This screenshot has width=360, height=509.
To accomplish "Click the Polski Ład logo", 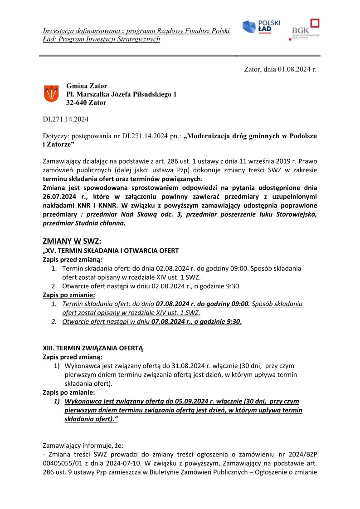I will [x=261, y=27].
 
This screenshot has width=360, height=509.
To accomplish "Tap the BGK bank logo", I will [x=305, y=29].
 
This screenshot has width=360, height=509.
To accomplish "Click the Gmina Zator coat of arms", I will [x=51, y=93].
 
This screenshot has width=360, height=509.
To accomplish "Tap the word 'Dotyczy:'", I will [x=54, y=136].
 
